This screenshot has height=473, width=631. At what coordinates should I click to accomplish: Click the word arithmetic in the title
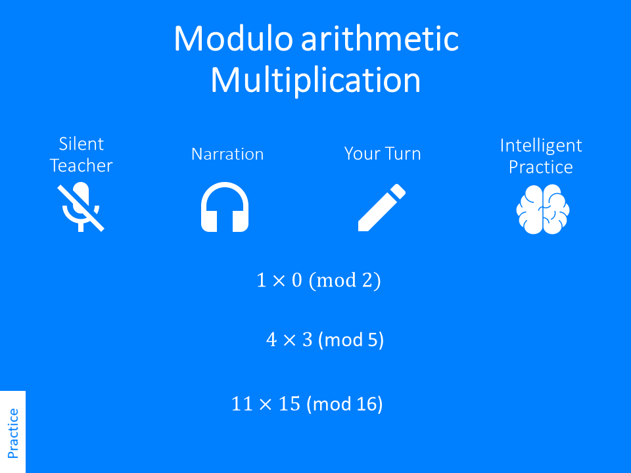coord(379,39)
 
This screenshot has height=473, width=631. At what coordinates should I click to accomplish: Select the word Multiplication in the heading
coord(315,80)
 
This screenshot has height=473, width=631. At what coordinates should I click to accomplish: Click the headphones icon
coord(225,207)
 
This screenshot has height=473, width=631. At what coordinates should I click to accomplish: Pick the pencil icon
coord(381,208)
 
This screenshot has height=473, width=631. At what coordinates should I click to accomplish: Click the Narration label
coord(227,154)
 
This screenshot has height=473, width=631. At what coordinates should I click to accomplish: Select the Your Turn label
coord(383,154)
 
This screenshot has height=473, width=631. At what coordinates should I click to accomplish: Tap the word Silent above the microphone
coord(82,144)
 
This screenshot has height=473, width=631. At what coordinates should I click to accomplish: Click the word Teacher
coord(82,166)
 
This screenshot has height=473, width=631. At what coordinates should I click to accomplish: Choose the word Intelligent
coord(541,145)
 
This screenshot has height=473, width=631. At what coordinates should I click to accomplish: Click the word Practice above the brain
coord(541,167)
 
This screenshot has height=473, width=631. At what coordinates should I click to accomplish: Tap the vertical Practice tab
coord(13,432)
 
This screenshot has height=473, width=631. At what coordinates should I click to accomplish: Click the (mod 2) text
coord(345,281)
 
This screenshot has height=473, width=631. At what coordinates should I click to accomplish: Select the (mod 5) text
coord(350,340)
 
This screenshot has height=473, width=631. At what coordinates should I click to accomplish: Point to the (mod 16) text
coord(344,403)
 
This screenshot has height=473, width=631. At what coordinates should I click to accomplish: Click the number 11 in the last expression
coord(242,404)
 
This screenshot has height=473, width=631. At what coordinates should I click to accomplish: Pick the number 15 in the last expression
coord(289,404)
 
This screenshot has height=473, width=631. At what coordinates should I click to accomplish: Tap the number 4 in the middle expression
coord(271,340)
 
